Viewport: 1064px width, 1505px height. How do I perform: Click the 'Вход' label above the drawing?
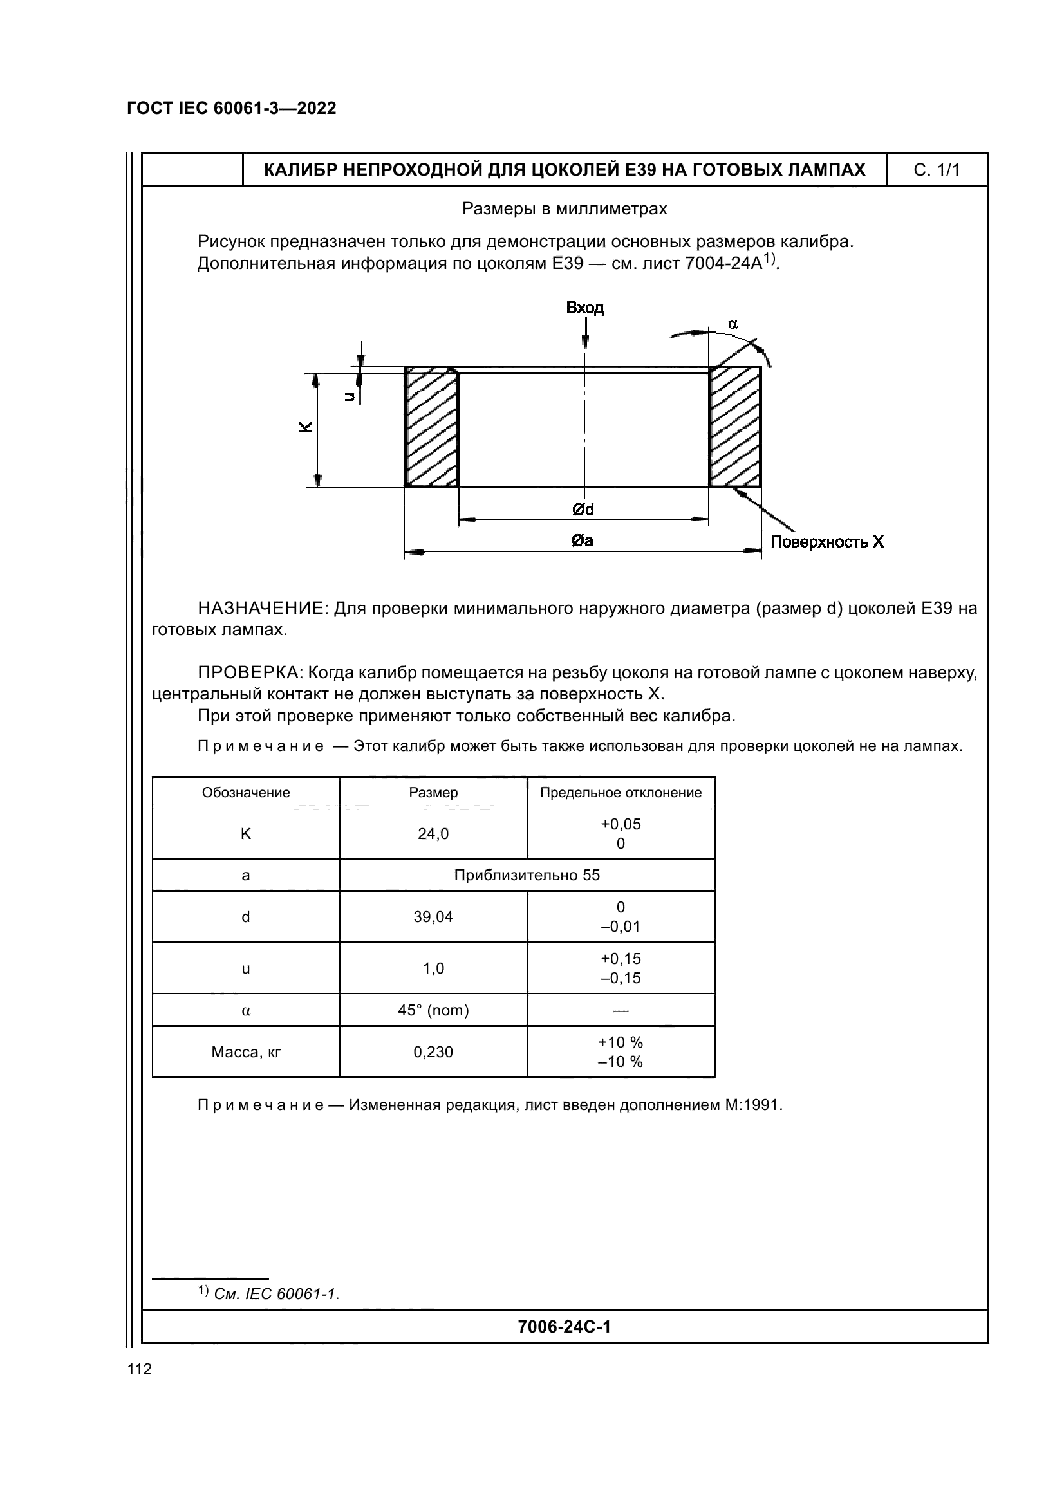(584, 308)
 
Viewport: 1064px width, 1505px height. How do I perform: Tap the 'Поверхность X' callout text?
(826, 542)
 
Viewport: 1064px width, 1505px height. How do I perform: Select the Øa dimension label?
(582, 540)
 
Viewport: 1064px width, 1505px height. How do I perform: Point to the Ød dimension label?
(583, 510)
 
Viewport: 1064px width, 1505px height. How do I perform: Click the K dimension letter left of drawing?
(306, 427)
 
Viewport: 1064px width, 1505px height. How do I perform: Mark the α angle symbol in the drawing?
(733, 324)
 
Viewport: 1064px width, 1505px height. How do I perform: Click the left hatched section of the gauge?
(431, 427)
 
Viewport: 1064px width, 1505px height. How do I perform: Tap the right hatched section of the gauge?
(735, 427)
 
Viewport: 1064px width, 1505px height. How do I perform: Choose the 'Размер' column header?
(433, 793)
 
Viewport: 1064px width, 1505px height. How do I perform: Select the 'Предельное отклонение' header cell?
(621, 793)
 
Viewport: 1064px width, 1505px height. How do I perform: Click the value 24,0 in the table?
(433, 834)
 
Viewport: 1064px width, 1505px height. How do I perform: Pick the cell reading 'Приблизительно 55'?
(527, 875)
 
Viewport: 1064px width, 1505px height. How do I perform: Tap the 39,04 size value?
(433, 917)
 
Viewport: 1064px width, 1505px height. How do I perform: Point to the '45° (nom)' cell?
(433, 1010)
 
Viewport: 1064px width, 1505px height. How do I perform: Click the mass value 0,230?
(433, 1052)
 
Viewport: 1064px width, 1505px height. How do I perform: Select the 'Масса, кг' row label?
(246, 1052)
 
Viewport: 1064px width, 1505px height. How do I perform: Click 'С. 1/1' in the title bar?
(937, 171)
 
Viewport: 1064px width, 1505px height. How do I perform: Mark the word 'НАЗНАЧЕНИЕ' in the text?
(262, 609)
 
